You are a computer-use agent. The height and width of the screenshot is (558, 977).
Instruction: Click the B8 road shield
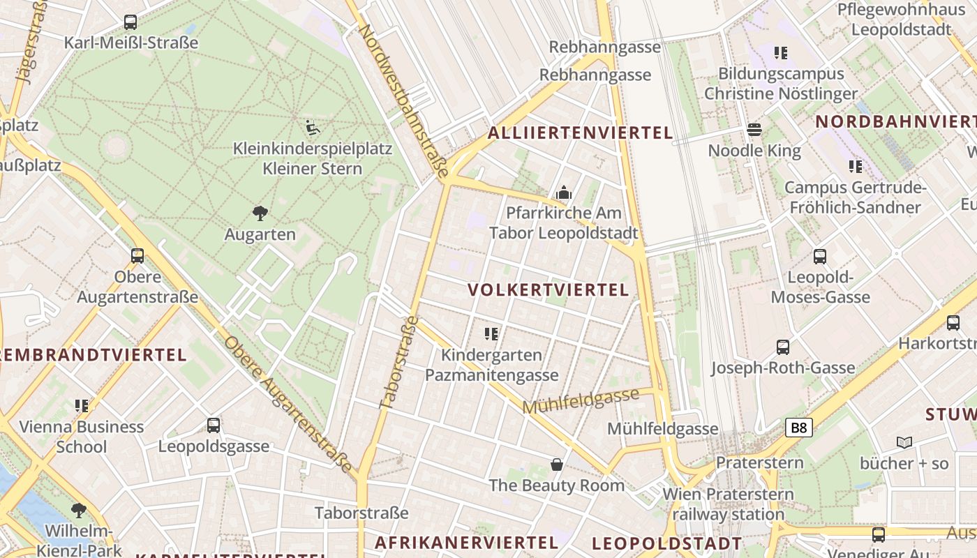(799, 428)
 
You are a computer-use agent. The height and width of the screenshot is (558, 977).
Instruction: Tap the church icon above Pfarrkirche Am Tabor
(564, 193)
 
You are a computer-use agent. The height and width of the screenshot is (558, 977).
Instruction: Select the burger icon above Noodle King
(754, 130)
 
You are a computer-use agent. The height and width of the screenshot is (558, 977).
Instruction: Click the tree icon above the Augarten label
(260, 213)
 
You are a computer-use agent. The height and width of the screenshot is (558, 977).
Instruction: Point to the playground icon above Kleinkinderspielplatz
(313, 128)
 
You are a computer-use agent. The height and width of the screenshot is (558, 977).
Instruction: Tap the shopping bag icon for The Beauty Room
(557, 465)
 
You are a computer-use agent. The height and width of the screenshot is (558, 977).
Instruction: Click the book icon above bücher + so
(904, 442)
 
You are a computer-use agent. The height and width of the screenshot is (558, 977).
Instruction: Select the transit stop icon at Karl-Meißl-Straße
(130, 22)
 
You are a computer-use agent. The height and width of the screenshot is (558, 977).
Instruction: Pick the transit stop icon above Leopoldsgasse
(214, 425)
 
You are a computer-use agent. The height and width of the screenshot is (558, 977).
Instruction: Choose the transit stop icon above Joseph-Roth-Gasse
(783, 347)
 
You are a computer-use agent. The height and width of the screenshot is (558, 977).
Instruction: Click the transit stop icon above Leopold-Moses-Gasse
(820, 256)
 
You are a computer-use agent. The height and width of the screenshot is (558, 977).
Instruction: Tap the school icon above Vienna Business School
(82, 405)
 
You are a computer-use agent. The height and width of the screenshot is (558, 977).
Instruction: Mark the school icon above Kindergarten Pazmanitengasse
(491, 334)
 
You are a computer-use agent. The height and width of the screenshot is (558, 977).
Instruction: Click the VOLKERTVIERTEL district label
(549, 290)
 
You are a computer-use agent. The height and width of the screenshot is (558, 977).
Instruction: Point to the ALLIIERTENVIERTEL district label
(581, 133)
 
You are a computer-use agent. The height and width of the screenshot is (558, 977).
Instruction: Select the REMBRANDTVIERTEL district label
(93, 354)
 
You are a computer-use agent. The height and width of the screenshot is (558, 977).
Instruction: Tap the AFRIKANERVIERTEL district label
(466, 542)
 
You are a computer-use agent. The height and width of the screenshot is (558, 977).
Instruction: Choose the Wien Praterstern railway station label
(728, 504)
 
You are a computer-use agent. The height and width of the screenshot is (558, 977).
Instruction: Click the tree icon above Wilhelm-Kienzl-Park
(78, 511)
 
